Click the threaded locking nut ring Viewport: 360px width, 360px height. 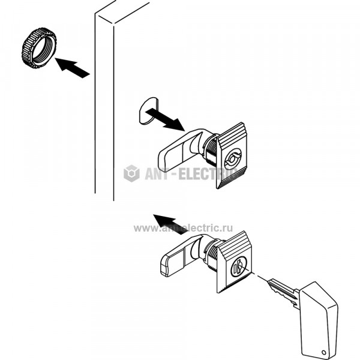(39, 49)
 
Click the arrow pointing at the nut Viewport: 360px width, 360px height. (73, 68)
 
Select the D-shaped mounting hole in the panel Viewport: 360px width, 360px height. (148, 111)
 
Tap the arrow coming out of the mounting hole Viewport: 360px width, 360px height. (165, 119)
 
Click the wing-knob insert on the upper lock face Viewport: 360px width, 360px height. (233, 158)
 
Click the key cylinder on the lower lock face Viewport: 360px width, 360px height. (239, 266)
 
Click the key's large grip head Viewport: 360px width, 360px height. (319, 321)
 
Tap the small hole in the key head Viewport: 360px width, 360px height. (324, 352)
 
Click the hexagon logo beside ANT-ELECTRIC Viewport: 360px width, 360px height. (131, 173)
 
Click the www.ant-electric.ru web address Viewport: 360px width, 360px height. (183, 228)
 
